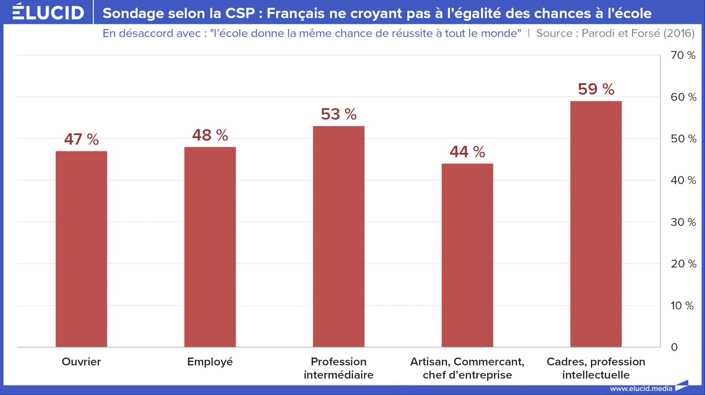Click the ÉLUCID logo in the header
click(48, 12)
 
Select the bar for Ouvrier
click(81, 249)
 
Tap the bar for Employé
click(210, 247)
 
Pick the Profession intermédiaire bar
click(339, 236)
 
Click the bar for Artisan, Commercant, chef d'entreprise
click(467, 255)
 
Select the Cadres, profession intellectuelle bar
click(596, 224)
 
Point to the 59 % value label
click(596, 89)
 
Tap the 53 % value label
click(339, 114)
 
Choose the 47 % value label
click(81, 139)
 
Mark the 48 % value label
click(210, 135)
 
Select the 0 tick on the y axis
click(674, 347)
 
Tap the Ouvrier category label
click(81, 362)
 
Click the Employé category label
click(210, 362)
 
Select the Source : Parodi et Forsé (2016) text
click(615, 33)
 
